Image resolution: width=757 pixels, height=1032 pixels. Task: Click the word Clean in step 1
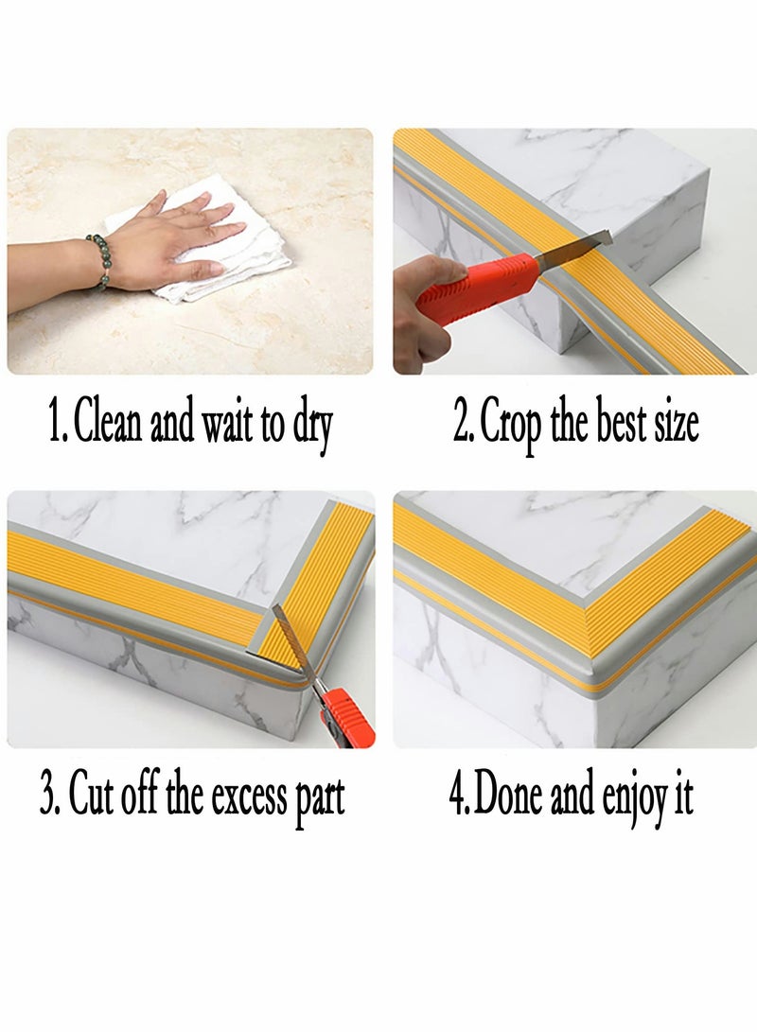click(109, 423)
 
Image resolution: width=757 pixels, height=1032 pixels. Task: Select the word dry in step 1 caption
click(311, 426)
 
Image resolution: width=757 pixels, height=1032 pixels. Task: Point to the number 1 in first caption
click(54, 423)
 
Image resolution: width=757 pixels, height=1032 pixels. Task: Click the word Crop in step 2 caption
click(512, 426)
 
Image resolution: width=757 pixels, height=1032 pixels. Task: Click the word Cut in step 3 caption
click(91, 797)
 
